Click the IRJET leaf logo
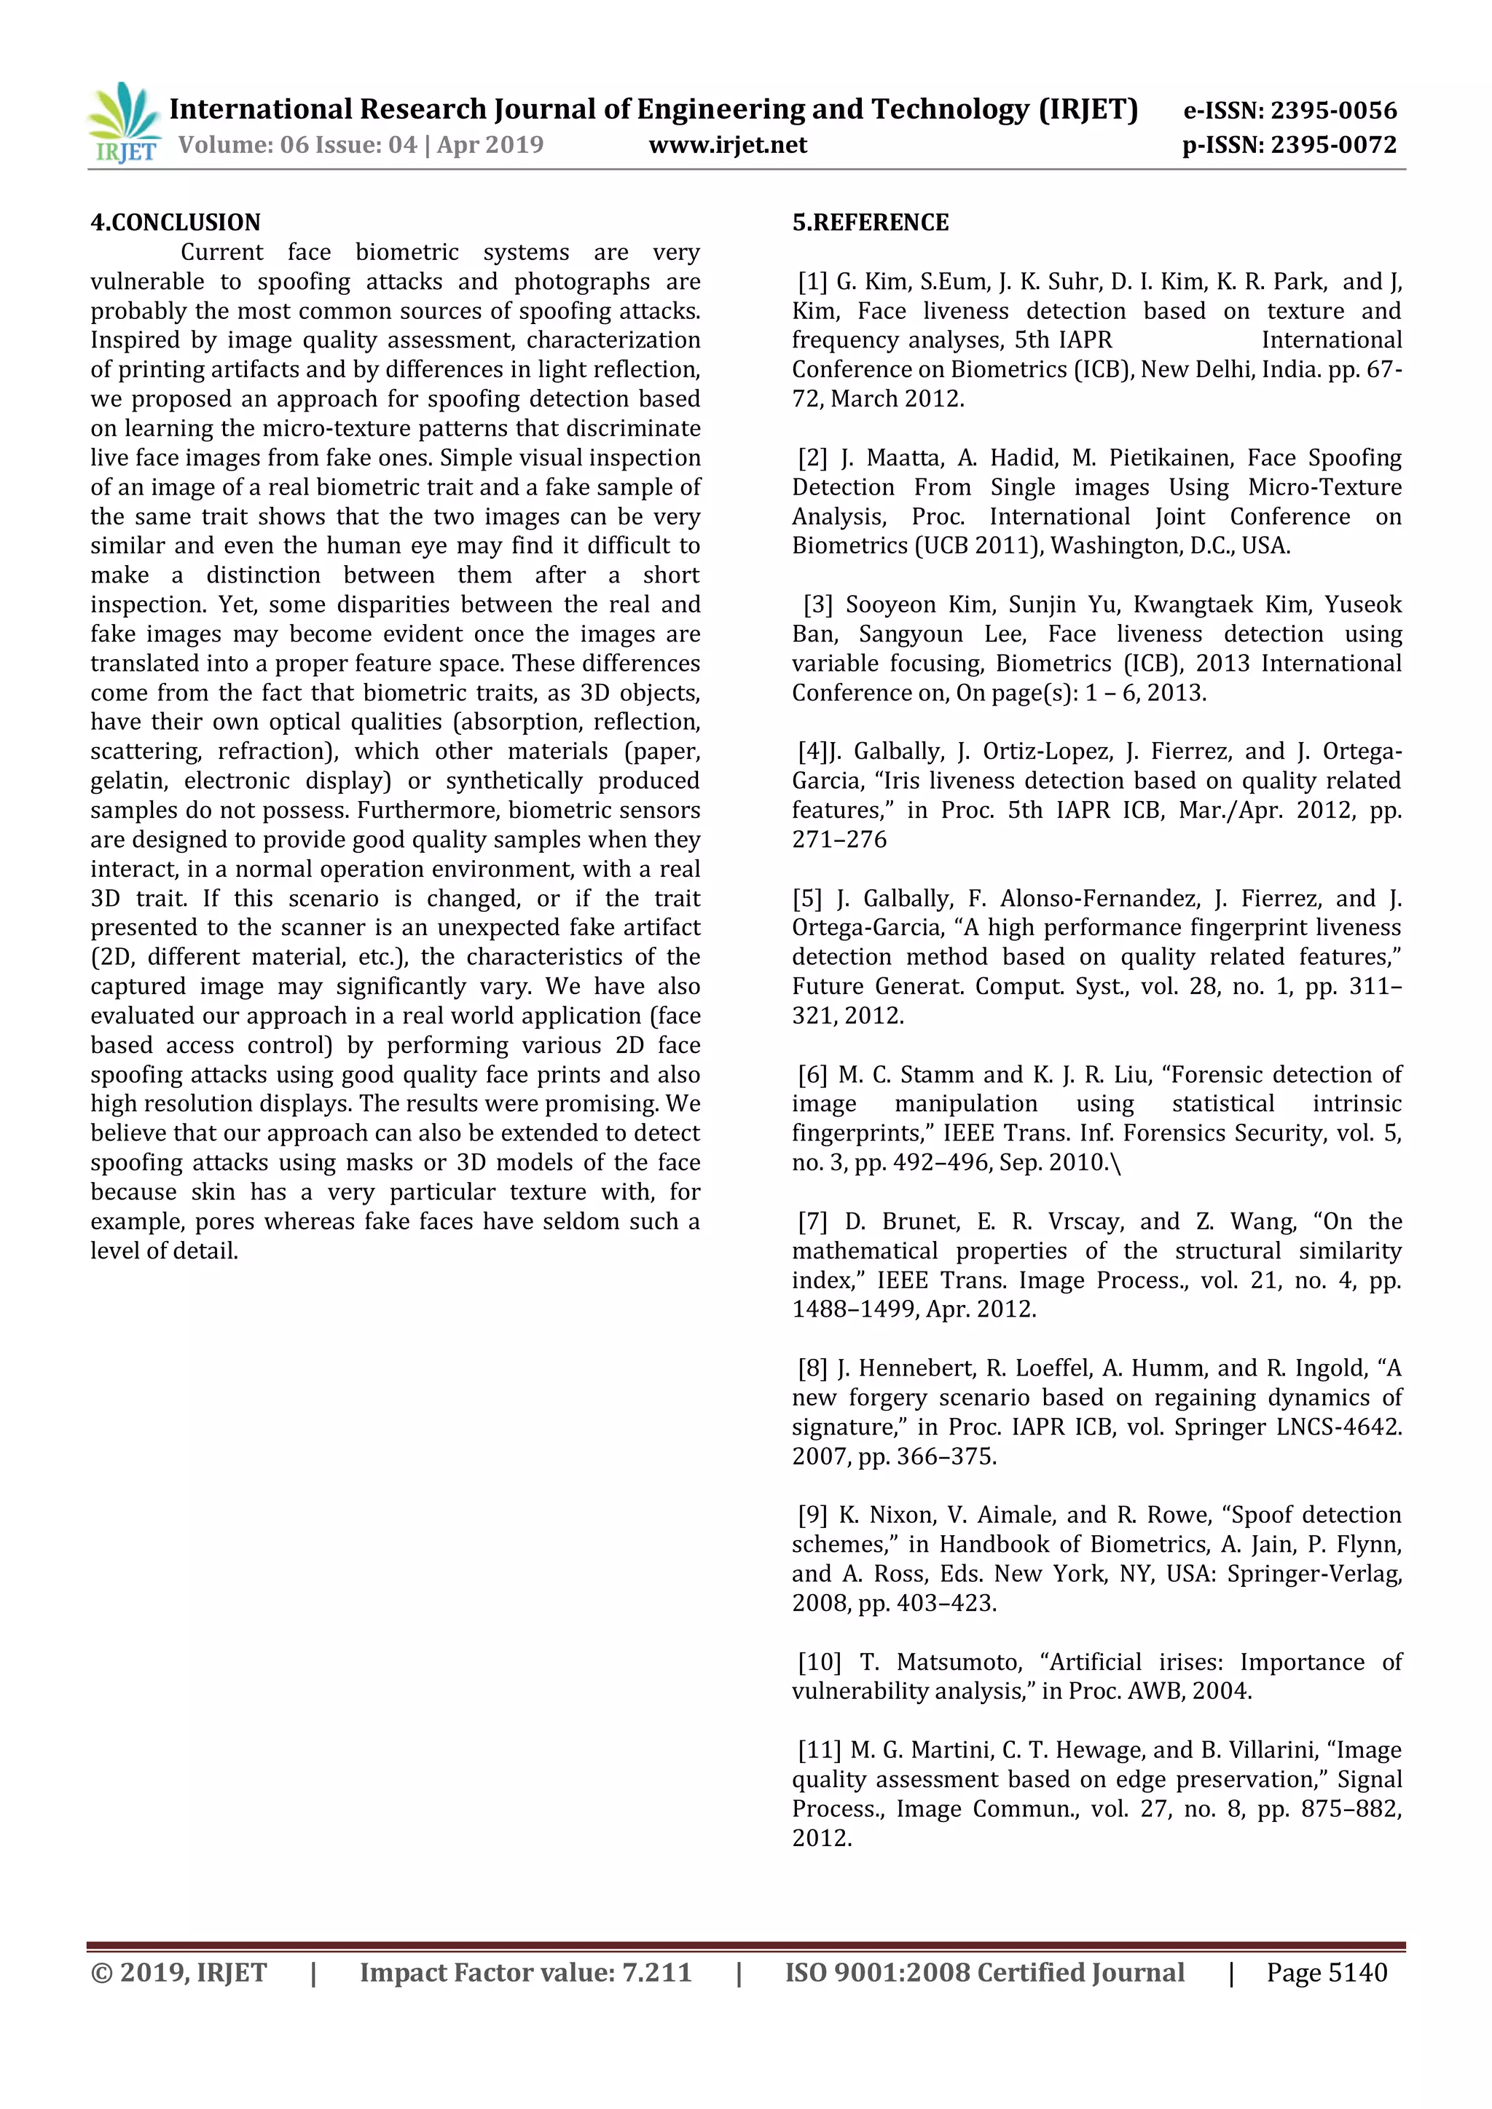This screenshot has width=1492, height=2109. coord(124,123)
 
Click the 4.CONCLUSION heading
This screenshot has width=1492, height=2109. coord(176,222)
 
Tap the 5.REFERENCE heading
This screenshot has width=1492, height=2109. coord(870,222)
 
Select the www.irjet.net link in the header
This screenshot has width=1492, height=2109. coord(728,145)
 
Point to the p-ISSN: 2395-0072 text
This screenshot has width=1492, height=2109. coord(1289,145)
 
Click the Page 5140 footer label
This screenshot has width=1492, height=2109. coord(1326,1972)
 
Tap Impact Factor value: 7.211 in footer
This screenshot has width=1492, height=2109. coord(525,1972)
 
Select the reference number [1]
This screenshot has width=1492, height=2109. coord(813,281)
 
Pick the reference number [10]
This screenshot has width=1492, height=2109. coord(820,1662)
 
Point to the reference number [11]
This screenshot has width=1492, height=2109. coord(820,1750)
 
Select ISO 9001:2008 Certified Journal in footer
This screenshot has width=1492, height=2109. coord(984,1972)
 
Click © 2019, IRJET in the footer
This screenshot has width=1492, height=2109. coord(179,1972)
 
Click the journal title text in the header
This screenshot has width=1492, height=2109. coord(653,109)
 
